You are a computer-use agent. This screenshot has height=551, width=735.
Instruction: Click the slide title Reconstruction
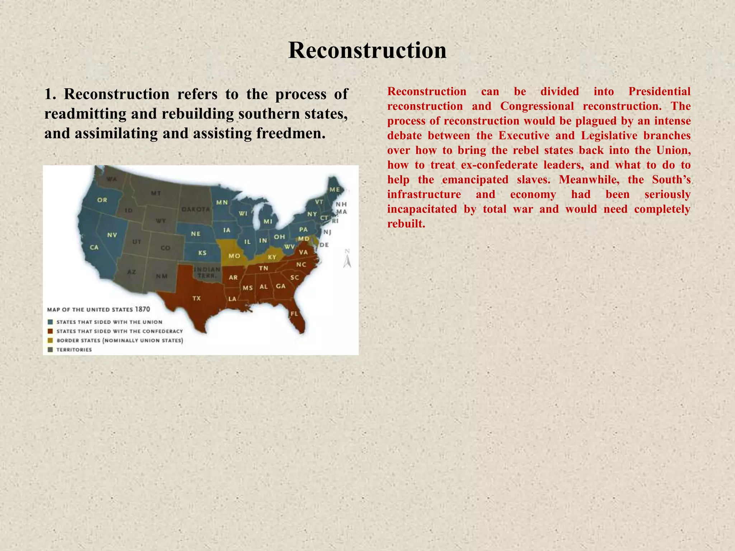pos(367,50)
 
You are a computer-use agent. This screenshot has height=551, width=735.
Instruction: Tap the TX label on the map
pos(197,298)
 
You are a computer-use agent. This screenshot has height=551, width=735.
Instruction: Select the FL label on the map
pos(294,314)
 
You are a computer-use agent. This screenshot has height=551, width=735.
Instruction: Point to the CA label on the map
pos(94,247)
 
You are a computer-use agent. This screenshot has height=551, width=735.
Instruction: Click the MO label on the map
pos(234,256)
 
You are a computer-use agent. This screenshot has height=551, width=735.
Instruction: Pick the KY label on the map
pos(272,257)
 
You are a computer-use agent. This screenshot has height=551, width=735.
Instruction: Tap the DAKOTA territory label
pos(196,209)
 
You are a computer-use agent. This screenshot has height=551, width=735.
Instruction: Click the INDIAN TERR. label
pos(207,273)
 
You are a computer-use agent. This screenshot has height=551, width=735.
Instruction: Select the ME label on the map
pos(334,189)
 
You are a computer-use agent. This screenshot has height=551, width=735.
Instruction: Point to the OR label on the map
pos(102,200)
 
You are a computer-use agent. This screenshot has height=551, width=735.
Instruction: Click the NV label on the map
pos(112,235)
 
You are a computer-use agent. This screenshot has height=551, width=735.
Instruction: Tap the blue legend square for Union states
pos(50,322)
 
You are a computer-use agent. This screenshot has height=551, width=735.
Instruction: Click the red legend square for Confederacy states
pos(50,331)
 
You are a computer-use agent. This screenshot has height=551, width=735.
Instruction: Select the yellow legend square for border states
pos(50,340)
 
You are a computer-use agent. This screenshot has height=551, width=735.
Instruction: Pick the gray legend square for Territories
pos(50,350)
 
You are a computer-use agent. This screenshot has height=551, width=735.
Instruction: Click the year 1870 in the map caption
pos(142,309)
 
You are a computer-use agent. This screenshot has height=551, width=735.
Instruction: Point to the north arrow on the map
pos(347,259)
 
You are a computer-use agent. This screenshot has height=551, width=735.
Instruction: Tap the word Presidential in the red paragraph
pos(659,91)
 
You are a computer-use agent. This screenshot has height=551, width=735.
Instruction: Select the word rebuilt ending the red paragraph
pos(406,224)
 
